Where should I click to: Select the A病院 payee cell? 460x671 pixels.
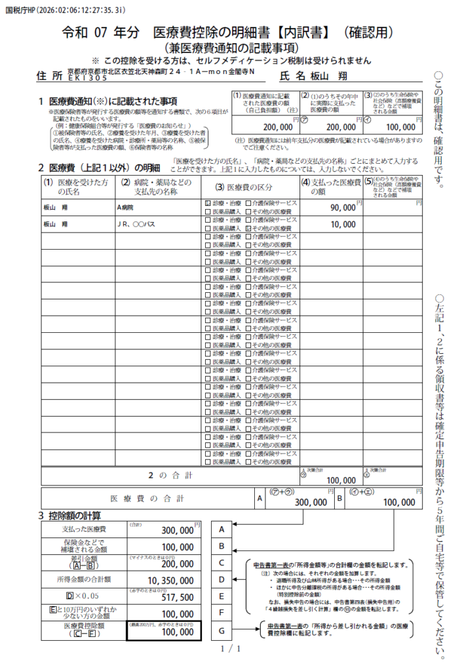pos(125,207)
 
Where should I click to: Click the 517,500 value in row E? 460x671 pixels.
pos(176,597)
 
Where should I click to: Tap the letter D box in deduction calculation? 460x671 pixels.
pos(222,580)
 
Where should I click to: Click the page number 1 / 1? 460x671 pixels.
pos(230,649)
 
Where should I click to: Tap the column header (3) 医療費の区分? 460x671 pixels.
pos(249,187)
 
